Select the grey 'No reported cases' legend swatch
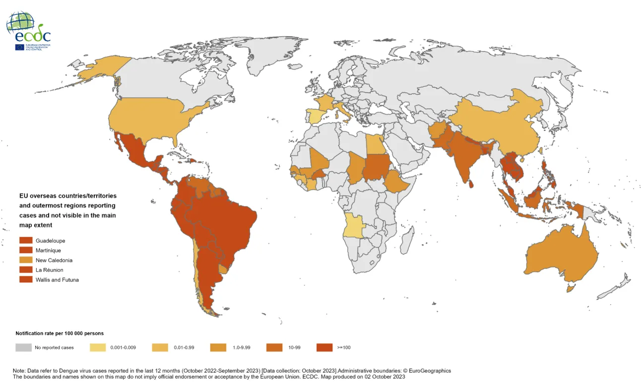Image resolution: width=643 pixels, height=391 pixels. click(23, 347)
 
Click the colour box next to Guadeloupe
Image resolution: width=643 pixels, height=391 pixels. click(25, 241)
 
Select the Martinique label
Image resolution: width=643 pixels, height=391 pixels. click(48, 251)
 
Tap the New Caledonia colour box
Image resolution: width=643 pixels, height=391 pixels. click(25, 260)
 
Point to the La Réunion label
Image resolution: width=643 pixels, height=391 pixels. click(49, 270)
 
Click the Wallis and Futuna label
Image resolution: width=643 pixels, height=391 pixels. click(57, 280)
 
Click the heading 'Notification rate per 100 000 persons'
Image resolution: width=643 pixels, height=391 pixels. click(60, 333)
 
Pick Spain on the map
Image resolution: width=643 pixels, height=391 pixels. click(314, 116)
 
